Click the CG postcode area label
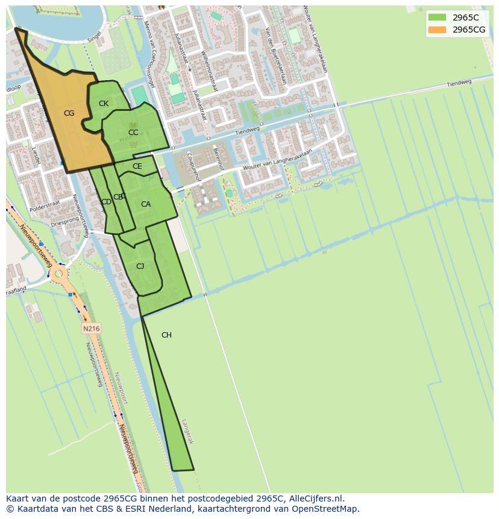click(x=69, y=113)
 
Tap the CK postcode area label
click(x=104, y=104)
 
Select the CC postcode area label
click(x=133, y=133)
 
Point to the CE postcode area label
click(x=137, y=166)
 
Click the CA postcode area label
click(x=146, y=204)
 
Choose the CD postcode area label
click(x=106, y=202)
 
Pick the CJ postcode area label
click(x=140, y=266)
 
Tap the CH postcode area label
click(x=166, y=335)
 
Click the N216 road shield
click(x=91, y=329)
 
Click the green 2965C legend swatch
click(x=437, y=17)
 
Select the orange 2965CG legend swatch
click(x=437, y=30)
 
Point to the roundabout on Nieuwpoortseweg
click(x=58, y=275)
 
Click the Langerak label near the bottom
click(x=187, y=432)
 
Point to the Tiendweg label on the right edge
click(x=459, y=84)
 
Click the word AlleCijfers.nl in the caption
click(x=313, y=499)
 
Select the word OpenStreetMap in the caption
click(x=325, y=509)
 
